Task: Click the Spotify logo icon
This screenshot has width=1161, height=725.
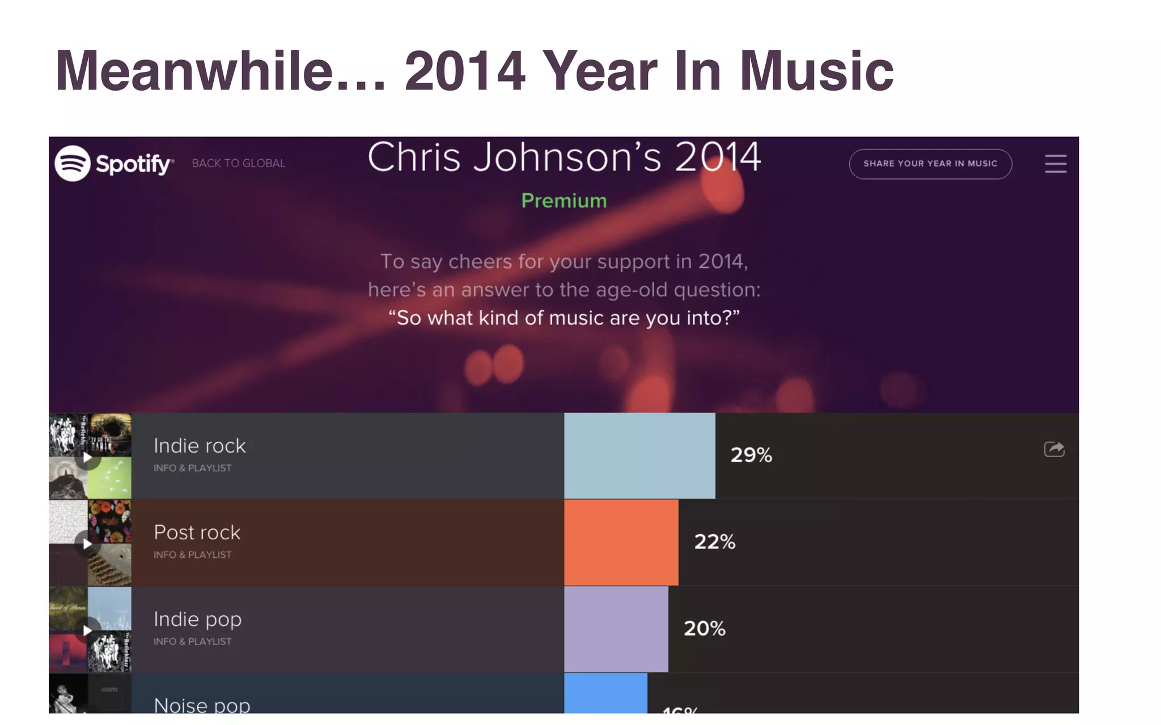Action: (x=73, y=163)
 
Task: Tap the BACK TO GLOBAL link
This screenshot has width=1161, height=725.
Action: (x=239, y=163)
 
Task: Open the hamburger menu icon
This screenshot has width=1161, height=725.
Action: (x=1055, y=164)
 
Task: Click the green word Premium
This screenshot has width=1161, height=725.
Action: (x=563, y=201)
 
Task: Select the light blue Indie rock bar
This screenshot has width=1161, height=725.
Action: (x=639, y=455)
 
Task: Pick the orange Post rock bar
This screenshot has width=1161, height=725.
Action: (x=621, y=542)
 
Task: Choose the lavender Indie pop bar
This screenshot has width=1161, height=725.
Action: (x=616, y=629)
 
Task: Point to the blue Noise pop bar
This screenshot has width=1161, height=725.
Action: (x=605, y=693)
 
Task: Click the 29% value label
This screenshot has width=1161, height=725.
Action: (x=751, y=455)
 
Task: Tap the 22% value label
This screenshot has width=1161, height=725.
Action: (x=714, y=541)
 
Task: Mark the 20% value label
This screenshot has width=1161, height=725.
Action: (x=704, y=628)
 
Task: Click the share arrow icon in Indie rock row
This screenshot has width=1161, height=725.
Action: (x=1054, y=449)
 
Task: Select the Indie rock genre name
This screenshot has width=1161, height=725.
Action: (x=200, y=446)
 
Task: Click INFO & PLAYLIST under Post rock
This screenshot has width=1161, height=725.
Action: (x=192, y=555)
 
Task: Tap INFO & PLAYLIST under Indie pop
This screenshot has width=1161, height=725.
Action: (x=192, y=642)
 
